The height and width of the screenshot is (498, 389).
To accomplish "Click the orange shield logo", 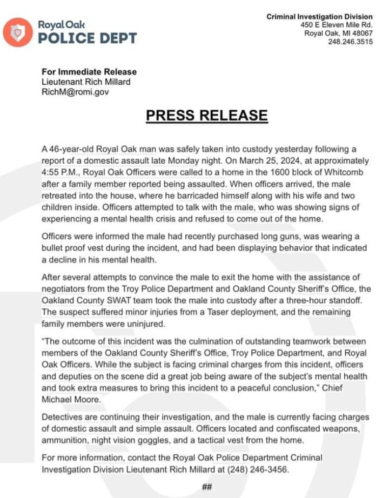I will click(18, 32).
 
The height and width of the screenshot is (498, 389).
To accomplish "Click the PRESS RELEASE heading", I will click(207, 115).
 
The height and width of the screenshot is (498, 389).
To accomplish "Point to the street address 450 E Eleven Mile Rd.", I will click(337, 25).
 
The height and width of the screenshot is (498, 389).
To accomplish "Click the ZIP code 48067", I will click(361, 34).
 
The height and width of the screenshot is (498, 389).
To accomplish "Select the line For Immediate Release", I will click(89, 72).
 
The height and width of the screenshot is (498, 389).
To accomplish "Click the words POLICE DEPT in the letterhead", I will click(87, 38).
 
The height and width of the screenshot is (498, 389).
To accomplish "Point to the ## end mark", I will click(207, 486).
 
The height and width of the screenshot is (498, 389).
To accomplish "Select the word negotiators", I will click(65, 289).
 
